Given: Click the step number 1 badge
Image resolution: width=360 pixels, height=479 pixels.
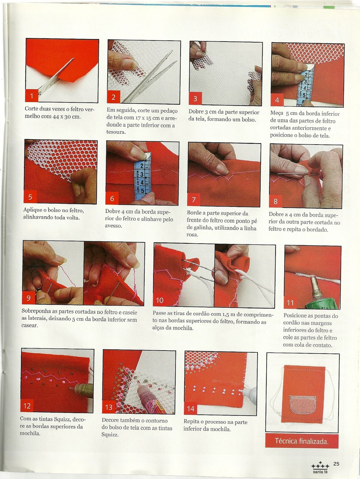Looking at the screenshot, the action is coord(32,96).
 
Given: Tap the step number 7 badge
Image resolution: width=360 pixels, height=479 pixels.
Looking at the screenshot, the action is coord(194,199).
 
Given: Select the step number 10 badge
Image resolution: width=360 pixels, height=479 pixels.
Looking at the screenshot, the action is coord(160,300).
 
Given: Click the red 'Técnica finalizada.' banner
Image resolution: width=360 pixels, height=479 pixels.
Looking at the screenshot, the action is coord(302,441).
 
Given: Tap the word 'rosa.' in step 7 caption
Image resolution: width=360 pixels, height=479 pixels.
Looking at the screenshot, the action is coord(192,235).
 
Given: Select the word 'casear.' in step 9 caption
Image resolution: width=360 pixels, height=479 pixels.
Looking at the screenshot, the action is coord(30,325).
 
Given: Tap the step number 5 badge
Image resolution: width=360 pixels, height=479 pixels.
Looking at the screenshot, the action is coord(30,197).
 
